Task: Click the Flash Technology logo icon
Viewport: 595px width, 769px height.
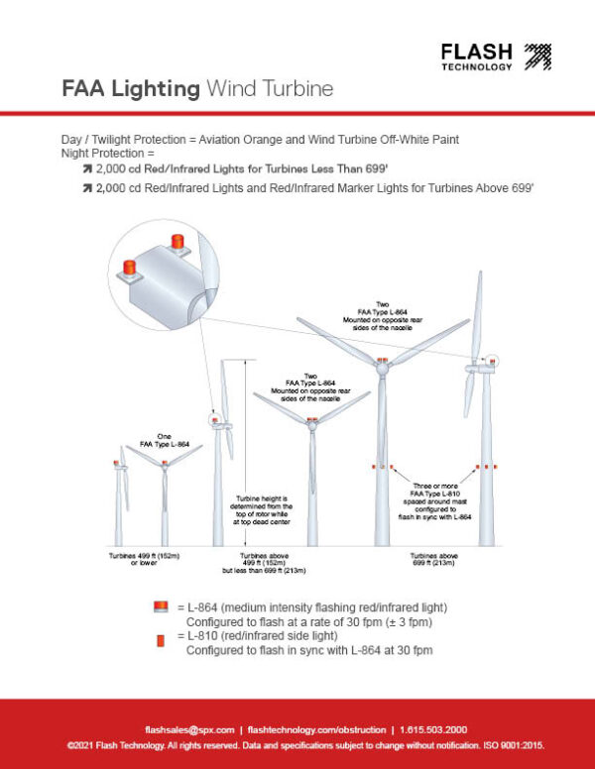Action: point(536,56)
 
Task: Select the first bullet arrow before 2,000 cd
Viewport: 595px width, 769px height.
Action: point(86,170)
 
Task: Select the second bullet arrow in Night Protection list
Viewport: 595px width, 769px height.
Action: point(86,188)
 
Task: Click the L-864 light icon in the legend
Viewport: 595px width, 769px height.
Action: point(160,606)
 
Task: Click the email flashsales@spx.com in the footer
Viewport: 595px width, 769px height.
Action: point(189,727)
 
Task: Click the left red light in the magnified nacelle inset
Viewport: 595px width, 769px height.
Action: point(130,265)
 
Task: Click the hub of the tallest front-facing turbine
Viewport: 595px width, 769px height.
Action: point(380,367)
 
